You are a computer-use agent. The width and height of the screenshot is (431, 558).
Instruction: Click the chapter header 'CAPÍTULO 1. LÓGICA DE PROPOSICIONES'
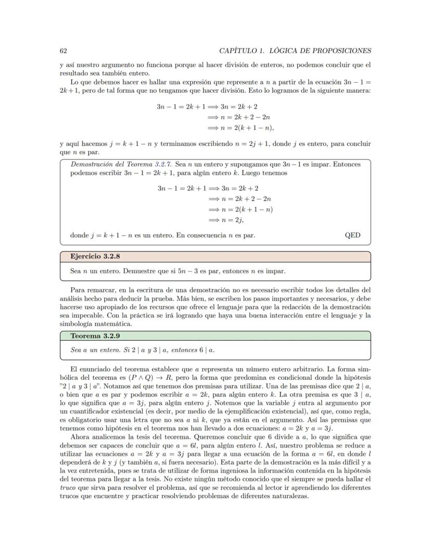[x=295, y=51]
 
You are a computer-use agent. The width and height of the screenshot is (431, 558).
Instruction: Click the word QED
[x=352, y=235]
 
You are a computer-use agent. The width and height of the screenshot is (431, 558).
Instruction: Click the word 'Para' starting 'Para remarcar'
[x=77, y=290]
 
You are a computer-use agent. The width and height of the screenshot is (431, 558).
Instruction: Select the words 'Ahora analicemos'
[x=97, y=437]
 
